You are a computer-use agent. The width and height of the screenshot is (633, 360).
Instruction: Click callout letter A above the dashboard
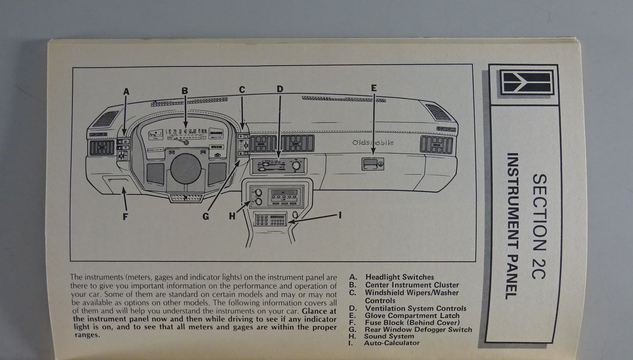click(126, 92)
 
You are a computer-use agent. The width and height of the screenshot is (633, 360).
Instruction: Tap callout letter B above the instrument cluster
click(185, 91)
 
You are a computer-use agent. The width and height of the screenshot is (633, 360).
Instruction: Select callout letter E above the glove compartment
click(373, 88)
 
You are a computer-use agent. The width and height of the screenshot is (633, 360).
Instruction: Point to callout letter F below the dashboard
click(125, 217)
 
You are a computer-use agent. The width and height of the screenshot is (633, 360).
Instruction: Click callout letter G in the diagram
click(206, 217)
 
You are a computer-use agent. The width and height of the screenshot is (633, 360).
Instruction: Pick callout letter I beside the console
click(340, 215)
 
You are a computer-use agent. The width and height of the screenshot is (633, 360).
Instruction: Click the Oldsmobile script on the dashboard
click(373, 142)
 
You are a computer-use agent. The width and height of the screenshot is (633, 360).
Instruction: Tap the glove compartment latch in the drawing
click(373, 163)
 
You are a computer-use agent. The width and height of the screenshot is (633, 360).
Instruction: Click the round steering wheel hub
click(186, 169)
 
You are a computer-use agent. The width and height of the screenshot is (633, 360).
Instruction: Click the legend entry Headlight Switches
click(399, 277)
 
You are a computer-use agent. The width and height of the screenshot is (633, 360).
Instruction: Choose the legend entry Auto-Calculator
click(392, 343)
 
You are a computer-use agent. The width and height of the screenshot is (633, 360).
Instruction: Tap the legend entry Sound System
click(389, 336)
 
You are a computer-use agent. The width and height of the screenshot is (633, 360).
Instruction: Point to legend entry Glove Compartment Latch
click(412, 316)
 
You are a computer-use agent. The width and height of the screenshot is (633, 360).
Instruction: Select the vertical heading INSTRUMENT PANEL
click(513, 226)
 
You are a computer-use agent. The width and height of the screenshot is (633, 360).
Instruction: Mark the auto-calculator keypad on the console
click(271, 220)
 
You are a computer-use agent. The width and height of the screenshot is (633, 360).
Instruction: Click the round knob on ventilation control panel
click(296, 166)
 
